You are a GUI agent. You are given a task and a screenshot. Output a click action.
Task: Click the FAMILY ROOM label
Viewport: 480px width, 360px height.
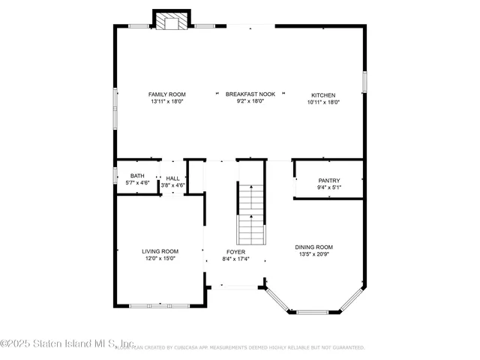tap(166, 94)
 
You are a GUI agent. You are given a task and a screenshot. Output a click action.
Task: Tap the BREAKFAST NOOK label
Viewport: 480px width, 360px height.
tap(250, 94)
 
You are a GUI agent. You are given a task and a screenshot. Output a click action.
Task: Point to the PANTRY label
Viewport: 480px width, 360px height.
tap(328, 181)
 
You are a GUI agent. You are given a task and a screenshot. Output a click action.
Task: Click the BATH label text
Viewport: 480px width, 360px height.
tap(137, 175)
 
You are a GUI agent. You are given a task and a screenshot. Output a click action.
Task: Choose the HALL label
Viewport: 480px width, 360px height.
tap(172, 178)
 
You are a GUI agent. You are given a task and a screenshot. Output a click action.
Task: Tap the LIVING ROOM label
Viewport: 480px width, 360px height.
tap(160, 251)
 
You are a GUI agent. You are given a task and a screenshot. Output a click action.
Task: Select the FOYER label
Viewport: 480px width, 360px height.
tap(235, 252)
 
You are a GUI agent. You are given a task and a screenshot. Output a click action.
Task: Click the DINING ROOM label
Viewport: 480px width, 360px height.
tap(313, 247)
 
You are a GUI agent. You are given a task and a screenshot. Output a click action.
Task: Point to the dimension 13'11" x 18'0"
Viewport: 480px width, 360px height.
tap(166, 101)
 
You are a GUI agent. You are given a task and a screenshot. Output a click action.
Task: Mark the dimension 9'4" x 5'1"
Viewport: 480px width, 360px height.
tap(328, 187)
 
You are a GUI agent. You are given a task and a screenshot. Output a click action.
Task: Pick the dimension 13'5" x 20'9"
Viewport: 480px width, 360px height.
tap(313, 253)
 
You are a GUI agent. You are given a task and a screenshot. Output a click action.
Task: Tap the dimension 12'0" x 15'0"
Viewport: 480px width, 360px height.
tap(160, 258)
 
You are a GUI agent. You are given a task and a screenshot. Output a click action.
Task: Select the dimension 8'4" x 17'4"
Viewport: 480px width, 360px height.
tap(235, 259)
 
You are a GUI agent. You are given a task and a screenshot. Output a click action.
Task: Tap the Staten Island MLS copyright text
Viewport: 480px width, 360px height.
tap(56, 345)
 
